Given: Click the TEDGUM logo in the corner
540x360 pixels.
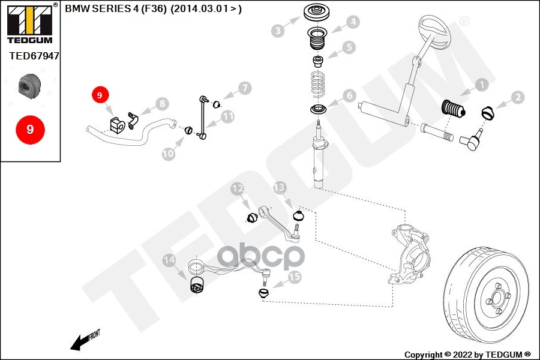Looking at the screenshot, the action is [30, 23].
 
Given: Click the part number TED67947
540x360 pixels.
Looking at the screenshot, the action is [34, 56].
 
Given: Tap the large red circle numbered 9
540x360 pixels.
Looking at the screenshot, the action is [31, 130].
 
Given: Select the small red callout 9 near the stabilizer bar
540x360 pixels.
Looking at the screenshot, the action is [100, 95].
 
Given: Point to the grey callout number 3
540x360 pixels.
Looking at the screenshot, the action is [278, 31].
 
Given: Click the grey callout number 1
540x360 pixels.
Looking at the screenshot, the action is [482, 85].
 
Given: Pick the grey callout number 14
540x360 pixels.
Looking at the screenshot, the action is [169, 260].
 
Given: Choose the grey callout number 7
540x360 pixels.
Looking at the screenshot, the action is [245, 88].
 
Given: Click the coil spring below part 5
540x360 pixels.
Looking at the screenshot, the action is [318, 85].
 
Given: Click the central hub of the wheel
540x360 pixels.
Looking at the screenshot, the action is [497, 298].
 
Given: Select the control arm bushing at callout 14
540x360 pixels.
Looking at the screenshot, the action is [197, 284].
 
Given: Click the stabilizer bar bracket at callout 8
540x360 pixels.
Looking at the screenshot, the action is [133, 120].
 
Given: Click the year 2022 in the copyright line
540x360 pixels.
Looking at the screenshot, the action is [462, 355].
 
